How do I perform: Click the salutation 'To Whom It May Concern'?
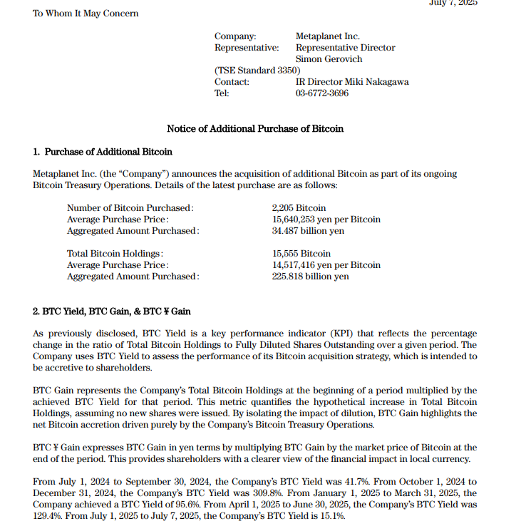86,14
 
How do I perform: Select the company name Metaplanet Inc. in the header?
327,36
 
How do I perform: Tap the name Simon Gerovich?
329,59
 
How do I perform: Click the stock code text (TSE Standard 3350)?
257,71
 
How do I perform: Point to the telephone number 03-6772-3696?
322,93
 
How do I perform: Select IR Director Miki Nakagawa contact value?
352,82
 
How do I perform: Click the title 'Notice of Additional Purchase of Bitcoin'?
254,129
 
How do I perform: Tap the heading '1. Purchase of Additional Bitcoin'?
103,152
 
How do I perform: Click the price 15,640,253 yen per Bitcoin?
326,220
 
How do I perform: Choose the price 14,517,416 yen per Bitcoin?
326,265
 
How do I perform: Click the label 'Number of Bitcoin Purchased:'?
130,208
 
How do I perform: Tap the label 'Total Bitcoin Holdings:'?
115,254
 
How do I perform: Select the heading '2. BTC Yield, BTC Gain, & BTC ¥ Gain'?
111,311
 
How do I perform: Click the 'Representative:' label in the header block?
247,48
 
